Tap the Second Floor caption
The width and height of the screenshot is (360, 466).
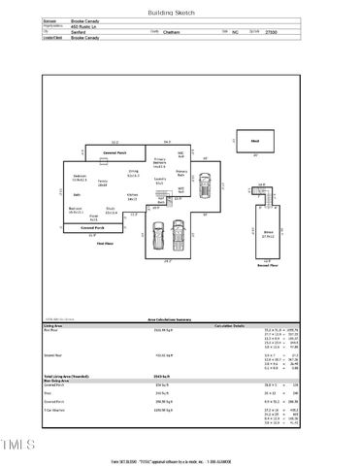pyautogui.click(x=268, y=264)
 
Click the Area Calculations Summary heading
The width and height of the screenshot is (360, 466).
pyautogui.click(x=180, y=316)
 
